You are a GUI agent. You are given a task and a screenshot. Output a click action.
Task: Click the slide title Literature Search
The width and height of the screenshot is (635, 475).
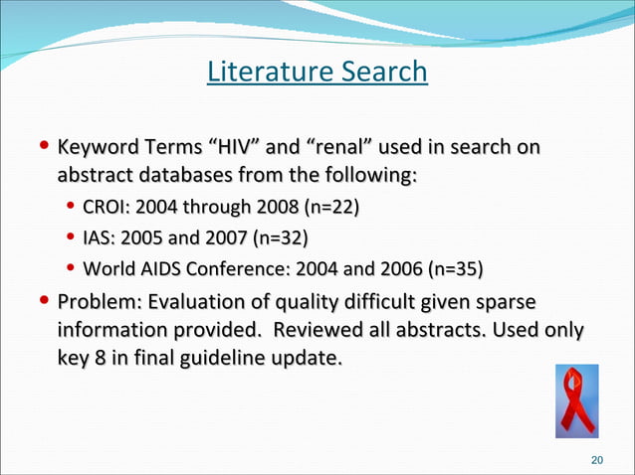click(x=317, y=73)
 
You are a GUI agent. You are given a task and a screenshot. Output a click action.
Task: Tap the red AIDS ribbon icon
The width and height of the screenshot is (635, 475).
click(x=576, y=400)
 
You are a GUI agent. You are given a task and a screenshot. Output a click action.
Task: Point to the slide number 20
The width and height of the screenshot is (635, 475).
click(x=597, y=460)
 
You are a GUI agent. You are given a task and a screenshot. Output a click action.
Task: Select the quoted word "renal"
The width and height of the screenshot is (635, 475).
click(x=343, y=148)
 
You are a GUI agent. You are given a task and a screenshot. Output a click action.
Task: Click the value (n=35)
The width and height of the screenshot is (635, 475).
click(x=455, y=269)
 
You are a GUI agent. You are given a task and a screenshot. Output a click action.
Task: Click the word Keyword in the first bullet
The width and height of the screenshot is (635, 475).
click(x=97, y=148)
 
